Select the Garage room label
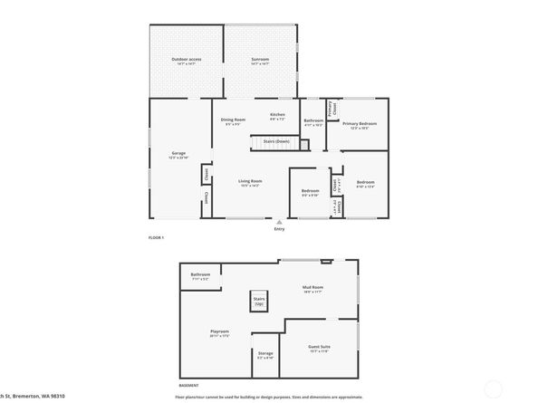pyautogui.click(x=178, y=155)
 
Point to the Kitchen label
pyautogui.click(x=278, y=115)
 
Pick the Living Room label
pyautogui.click(x=250, y=182)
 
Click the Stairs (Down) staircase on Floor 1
pyautogui.click(x=275, y=142)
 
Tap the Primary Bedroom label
pyautogui.click(x=360, y=124)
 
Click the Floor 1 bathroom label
pyautogui.click(x=313, y=121)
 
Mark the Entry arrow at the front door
pyautogui.click(x=280, y=221)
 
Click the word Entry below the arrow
pyautogui.click(x=279, y=229)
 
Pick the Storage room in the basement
pyautogui.click(x=265, y=354)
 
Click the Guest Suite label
pyautogui.click(x=319, y=347)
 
